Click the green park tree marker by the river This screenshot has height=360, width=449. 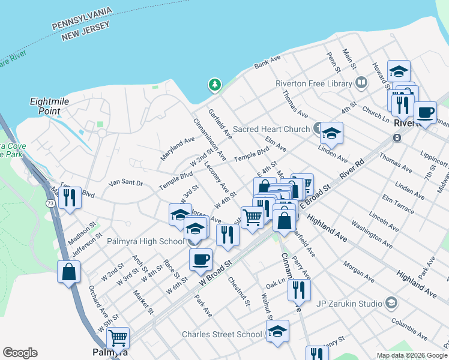tap(214, 85)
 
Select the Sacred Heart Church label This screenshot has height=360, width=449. tap(271, 129)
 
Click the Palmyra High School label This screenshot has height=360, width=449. tap(146, 241)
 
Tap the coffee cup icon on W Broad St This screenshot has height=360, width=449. tap(200, 260)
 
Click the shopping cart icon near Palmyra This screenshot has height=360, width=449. tap(118, 338)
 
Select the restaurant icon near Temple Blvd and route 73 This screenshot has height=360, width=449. tap(70, 197)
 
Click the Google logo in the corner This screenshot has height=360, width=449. tap(20, 353)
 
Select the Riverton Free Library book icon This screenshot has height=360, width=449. tap(361, 82)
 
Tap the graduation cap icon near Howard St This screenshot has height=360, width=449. tap(399, 71)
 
